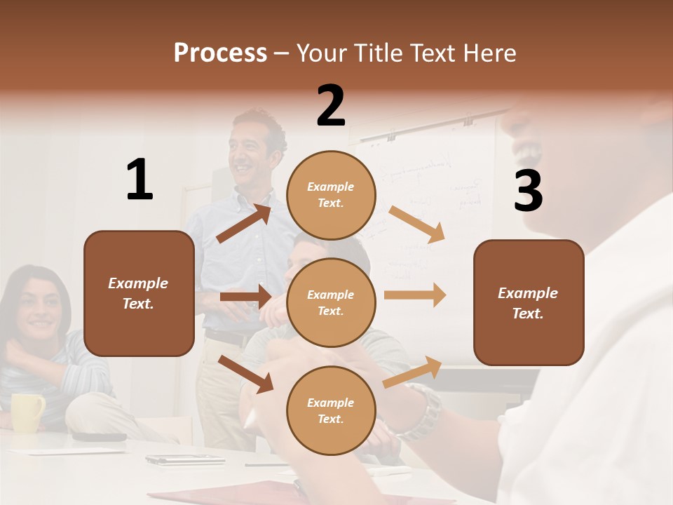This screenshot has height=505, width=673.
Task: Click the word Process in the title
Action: click(x=220, y=53)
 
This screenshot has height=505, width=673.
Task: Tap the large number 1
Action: click(x=140, y=180)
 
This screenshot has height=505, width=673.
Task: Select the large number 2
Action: click(x=331, y=106)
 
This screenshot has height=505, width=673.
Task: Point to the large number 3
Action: click(x=528, y=191)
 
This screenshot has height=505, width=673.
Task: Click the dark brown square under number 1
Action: click(x=139, y=293)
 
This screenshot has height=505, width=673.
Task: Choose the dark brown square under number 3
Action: click(x=529, y=302)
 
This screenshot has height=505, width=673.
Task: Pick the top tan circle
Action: click(x=331, y=194)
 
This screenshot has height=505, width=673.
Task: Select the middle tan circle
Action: click(x=331, y=302)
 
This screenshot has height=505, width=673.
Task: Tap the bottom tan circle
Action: click(x=331, y=410)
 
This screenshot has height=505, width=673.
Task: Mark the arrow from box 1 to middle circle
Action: click(x=245, y=297)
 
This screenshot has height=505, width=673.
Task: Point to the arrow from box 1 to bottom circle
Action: click(x=246, y=374)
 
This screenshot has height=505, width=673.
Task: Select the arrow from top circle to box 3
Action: click(x=416, y=224)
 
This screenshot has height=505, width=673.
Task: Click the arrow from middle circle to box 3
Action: click(x=415, y=295)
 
